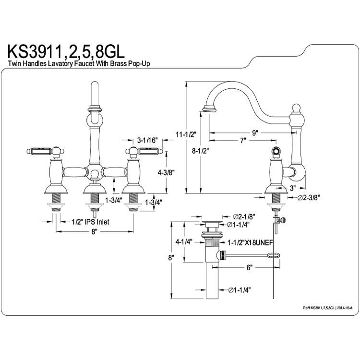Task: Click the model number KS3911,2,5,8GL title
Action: (x=66, y=52)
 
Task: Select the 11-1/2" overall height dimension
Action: (x=186, y=134)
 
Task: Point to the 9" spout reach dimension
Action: (x=255, y=132)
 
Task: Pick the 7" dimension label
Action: (x=243, y=140)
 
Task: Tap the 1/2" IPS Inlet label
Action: (x=90, y=222)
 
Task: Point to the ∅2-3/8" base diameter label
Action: (x=309, y=197)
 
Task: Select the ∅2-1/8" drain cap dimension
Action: (x=244, y=216)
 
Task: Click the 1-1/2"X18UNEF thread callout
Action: (x=250, y=242)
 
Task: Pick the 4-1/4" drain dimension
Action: (x=184, y=242)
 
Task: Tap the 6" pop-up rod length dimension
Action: (x=249, y=267)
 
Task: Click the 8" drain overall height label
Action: (x=170, y=258)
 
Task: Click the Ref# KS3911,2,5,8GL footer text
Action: (x=327, y=308)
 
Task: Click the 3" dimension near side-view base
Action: (x=292, y=188)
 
